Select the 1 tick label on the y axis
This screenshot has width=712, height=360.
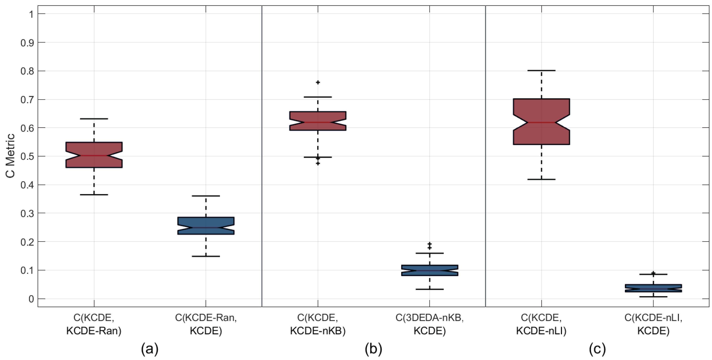[x=31, y=14]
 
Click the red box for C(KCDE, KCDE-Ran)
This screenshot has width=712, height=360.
[x=94, y=155]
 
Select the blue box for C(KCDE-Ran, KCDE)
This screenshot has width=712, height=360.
[x=206, y=226]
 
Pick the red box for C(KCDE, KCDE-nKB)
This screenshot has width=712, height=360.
[x=318, y=121]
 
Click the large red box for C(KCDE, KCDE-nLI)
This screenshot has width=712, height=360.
[x=541, y=122]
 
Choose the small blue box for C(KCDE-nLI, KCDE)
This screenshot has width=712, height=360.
[x=653, y=288]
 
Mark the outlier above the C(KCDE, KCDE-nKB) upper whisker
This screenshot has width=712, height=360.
[x=318, y=82]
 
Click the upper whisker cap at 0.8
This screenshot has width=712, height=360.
[x=541, y=71]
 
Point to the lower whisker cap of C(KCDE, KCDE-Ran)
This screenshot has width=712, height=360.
[x=94, y=195]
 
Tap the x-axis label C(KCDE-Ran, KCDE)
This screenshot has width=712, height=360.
[x=206, y=324]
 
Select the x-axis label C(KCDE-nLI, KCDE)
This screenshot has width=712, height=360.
[x=653, y=324]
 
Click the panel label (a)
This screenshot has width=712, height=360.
[x=150, y=349]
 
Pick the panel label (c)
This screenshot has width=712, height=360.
[x=597, y=349]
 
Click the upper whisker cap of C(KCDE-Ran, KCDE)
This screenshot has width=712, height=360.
[x=206, y=196]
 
